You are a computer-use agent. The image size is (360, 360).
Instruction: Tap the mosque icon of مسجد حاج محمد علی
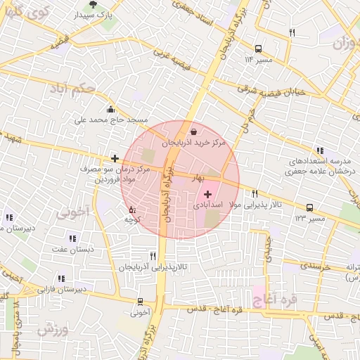click(110, 108)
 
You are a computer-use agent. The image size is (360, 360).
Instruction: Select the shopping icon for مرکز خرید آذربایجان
click(193, 131)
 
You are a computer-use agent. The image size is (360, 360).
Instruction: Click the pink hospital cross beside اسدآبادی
click(207, 193)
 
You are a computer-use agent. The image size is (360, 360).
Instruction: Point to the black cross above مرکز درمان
click(115, 159)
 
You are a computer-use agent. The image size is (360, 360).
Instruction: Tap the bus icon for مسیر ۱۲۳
click(309, 207)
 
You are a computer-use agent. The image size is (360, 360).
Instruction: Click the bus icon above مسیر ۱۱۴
click(259, 49)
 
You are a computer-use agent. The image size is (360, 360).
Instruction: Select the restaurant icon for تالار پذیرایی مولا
click(255, 193)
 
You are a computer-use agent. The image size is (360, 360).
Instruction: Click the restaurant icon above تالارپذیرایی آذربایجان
click(153, 256)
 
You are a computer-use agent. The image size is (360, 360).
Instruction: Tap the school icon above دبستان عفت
click(73, 238)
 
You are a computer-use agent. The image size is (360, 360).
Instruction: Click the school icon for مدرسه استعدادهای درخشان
click(321, 150)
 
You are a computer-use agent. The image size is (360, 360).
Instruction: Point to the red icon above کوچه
click(131, 209)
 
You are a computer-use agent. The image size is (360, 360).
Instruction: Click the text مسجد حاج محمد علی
click(103, 120)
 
